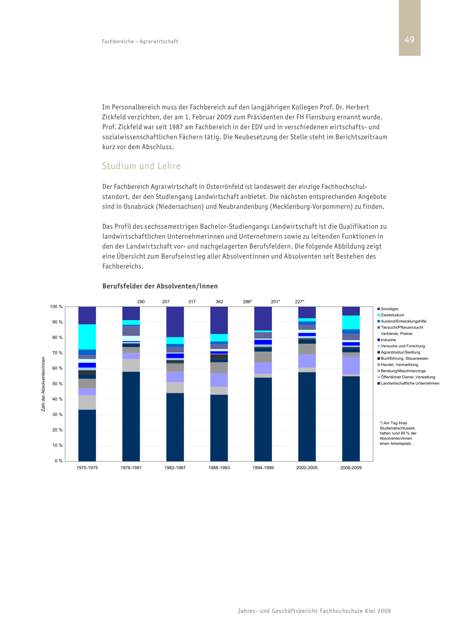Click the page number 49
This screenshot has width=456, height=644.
(x=409, y=40)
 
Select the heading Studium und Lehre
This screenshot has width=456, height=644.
(x=141, y=166)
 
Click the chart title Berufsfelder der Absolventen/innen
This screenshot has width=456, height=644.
(x=160, y=286)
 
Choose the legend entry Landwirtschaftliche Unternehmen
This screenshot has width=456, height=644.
(x=408, y=383)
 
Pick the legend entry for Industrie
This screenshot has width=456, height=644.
(x=387, y=340)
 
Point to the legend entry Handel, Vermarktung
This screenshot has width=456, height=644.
(x=398, y=365)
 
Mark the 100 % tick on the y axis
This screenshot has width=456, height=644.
(x=56, y=307)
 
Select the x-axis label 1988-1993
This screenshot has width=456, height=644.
(x=219, y=468)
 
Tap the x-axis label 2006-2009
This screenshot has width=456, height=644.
(x=351, y=468)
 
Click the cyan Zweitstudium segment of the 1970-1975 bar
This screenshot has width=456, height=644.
(x=87, y=337)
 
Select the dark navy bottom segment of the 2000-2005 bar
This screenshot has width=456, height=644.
(x=307, y=417)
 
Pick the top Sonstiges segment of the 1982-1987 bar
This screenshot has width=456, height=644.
(x=175, y=322)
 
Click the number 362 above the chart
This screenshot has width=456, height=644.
(x=219, y=302)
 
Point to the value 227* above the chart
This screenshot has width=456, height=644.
(x=299, y=302)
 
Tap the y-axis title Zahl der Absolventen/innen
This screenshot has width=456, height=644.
(x=43, y=384)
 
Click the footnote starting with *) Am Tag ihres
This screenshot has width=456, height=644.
(x=398, y=433)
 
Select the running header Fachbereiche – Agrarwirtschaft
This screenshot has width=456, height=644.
(x=140, y=41)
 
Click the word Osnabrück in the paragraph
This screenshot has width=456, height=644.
(x=139, y=206)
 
